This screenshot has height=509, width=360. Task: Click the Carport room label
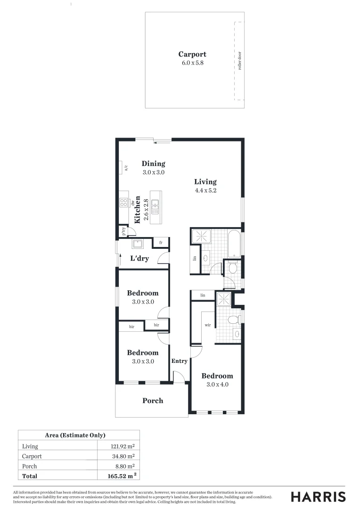click(192, 54)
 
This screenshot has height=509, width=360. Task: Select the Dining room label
click(154, 164)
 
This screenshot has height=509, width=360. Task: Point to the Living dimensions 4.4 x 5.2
click(205, 191)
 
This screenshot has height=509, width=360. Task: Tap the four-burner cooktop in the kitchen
click(123, 203)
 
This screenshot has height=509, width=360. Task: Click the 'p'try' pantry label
click(123, 231)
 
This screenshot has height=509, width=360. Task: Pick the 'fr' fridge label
click(161, 243)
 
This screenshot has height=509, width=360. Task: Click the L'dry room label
click(139, 258)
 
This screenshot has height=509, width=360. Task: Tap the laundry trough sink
click(138, 244)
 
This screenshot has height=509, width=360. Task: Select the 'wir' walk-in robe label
click(207, 325)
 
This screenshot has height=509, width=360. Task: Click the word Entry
click(180, 361)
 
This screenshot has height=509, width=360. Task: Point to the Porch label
click(153, 401)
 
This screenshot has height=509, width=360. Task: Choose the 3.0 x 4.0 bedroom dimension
click(217, 385)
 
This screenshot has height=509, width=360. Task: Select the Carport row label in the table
click(32, 456)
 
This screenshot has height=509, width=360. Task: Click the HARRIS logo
click(318, 496)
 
